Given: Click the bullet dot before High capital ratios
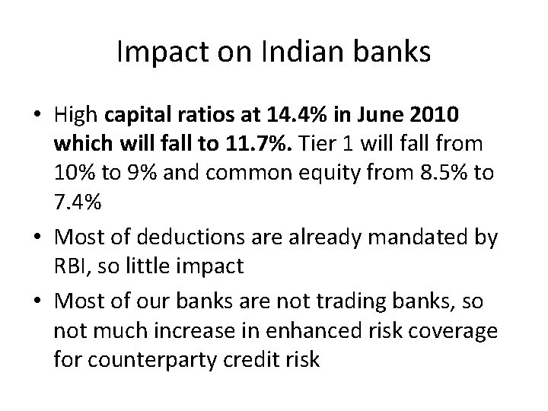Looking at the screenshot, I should (x=35, y=118).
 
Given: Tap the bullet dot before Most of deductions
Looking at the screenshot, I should (x=35, y=238).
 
